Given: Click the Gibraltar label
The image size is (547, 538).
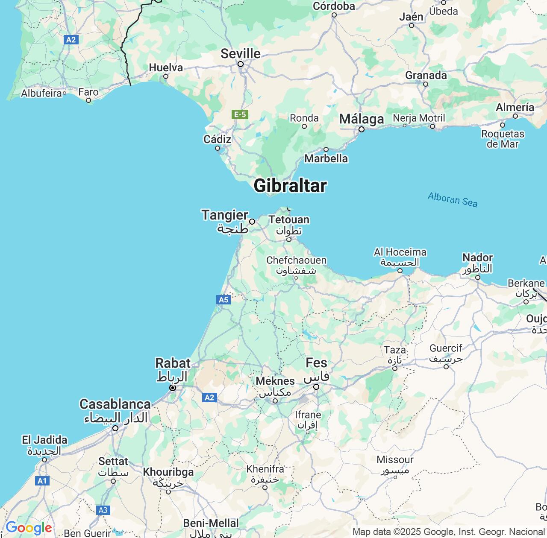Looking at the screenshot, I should click(x=290, y=186).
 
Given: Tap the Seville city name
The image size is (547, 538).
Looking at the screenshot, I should click(x=241, y=53).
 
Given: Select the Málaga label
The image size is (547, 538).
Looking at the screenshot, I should click(x=362, y=119).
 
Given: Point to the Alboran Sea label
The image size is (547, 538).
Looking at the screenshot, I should click(x=453, y=199).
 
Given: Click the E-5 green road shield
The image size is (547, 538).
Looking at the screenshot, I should click(x=240, y=114).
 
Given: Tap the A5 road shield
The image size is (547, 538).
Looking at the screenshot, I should click(x=224, y=300).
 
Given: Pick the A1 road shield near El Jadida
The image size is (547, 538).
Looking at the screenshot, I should click(x=42, y=481).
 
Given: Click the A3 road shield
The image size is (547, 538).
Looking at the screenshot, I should click(x=103, y=510).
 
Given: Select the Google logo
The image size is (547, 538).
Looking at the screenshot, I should click(x=29, y=528).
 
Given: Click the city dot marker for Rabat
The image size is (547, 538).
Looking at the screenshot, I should click(x=173, y=388).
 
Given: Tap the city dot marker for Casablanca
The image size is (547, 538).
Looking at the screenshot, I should click(x=115, y=428).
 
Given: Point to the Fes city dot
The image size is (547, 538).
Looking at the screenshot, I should click(x=316, y=387).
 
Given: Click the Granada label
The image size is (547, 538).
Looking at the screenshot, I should click(x=426, y=76).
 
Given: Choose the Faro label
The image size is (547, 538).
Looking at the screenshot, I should click(x=88, y=92).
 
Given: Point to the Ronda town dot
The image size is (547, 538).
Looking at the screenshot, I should click(x=304, y=126).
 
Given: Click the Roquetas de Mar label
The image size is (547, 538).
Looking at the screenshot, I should click(x=503, y=138).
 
